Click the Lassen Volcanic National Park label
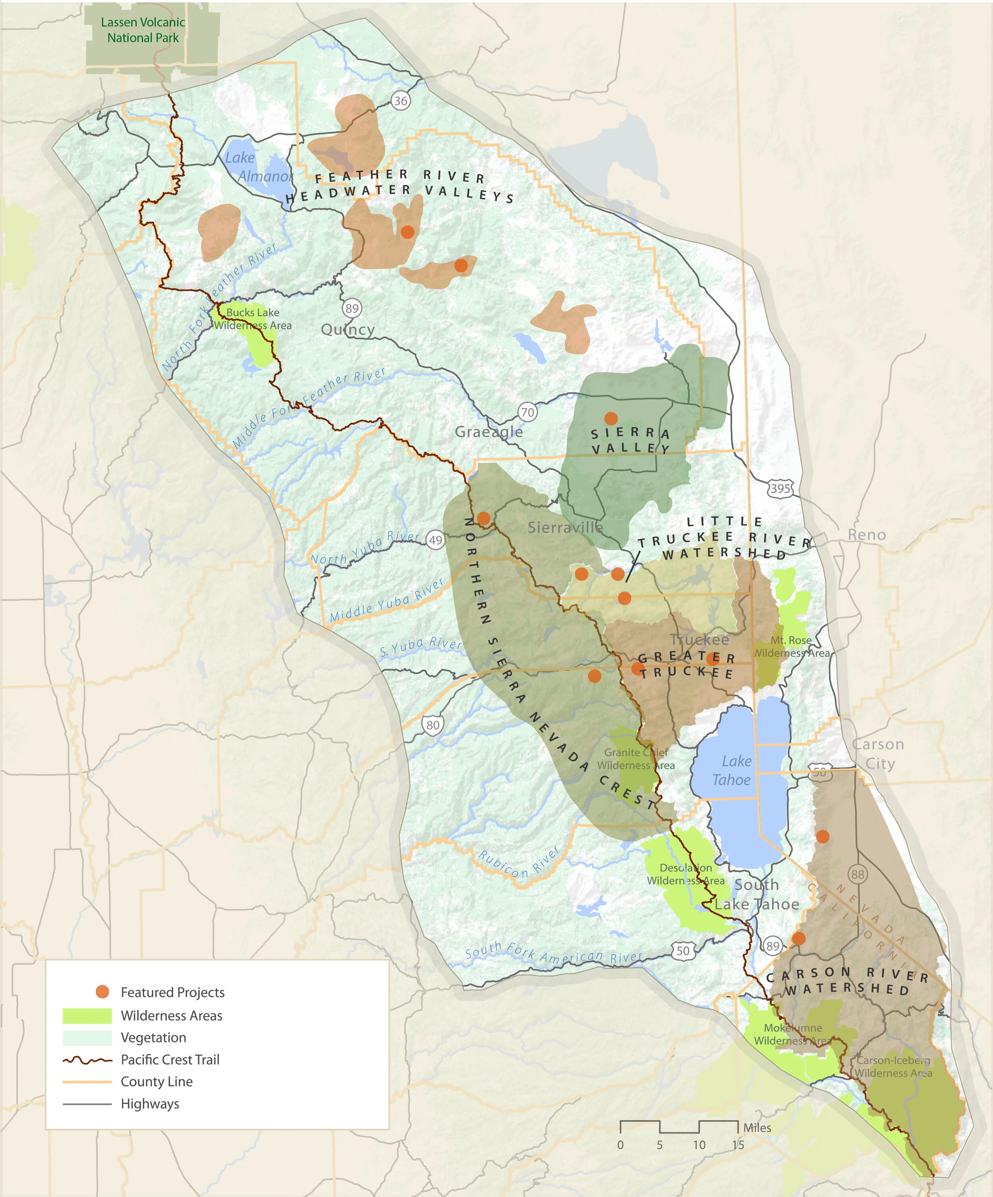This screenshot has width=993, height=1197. point(143,30)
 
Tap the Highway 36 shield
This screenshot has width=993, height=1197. point(401,101)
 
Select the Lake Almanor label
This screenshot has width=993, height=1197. point(256,167)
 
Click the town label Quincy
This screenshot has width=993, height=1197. point(348,329)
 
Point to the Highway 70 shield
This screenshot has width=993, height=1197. point(527,412)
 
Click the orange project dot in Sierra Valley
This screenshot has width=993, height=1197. point(611,418)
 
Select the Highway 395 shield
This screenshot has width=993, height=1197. point(780,488)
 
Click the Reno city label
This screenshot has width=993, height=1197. point(867,535)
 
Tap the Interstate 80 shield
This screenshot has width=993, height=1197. point(433,725)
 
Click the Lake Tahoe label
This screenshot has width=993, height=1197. point(733,771)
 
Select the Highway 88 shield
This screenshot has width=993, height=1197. point(858,874)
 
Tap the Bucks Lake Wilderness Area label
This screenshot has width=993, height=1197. point(252,319)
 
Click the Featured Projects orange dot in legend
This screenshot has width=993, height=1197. point(102,992)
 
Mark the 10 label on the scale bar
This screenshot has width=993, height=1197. point(699,1145)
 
